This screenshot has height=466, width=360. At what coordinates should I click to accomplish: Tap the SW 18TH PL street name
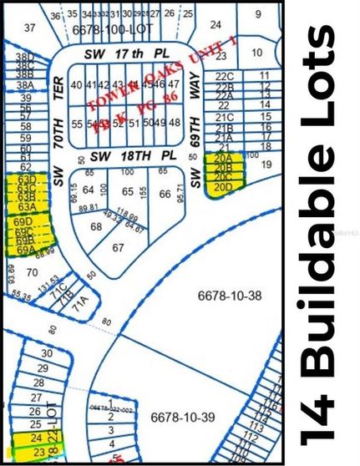[124, 156]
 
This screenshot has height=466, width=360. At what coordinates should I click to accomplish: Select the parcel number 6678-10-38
[222, 296]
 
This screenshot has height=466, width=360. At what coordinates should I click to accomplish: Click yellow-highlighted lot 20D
[222, 187]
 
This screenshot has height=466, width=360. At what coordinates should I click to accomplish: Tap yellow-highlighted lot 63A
[27, 206]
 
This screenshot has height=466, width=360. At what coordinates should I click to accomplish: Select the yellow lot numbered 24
[35, 438]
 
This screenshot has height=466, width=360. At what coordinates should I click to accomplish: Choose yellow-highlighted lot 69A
[25, 249]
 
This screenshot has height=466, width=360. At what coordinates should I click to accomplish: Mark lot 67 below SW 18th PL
[118, 247]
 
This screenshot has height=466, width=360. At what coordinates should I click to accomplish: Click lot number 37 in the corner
[31, 28]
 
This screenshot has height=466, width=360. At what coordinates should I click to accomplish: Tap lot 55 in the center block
[77, 123]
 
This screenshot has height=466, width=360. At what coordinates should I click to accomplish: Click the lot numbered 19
[266, 165]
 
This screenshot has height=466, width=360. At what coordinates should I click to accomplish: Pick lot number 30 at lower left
[47, 354]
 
